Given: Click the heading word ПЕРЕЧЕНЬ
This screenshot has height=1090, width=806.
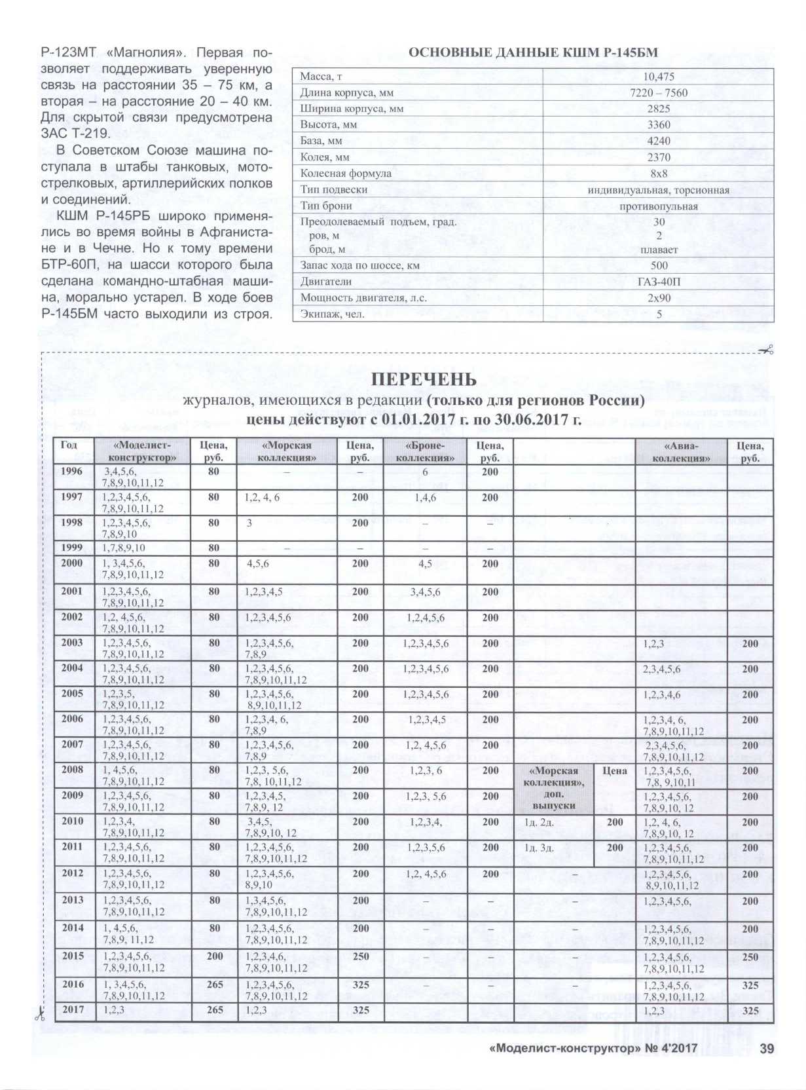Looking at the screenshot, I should (x=424, y=379).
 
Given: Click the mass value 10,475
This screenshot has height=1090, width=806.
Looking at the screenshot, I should (x=658, y=77).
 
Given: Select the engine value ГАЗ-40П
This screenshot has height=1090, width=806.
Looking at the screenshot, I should (x=659, y=282).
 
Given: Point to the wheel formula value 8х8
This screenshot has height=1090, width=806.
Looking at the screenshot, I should (x=659, y=174).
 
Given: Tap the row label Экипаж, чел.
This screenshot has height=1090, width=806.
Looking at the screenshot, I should (x=333, y=314).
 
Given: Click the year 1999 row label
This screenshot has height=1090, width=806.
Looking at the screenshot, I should (x=72, y=548).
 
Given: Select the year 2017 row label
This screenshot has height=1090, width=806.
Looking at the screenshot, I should (x=73, y=1009).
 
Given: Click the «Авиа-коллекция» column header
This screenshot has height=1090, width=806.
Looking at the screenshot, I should (x=681, y=452).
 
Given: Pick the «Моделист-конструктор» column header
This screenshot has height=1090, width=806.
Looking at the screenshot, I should (x=142, y=452).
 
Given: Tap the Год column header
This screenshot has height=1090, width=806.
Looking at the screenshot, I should (x=69, y=445).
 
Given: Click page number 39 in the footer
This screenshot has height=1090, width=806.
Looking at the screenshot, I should (x=767, y=1049).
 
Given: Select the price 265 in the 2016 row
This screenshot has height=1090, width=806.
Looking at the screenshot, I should (x=215, y=985).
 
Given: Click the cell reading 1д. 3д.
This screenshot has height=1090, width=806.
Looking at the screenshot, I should (x=540, y=848).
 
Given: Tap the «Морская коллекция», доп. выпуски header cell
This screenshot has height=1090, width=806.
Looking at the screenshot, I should (x=554, y=788).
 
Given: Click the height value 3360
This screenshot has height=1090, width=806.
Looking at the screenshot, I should (x=659, y=125).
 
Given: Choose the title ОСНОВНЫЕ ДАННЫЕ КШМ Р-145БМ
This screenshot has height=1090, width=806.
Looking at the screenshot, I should (x=533, y=53).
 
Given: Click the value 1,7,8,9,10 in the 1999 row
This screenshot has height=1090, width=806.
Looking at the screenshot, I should (x=124, y=548).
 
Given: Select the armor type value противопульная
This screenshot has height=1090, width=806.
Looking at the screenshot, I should (x=659, y=206).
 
